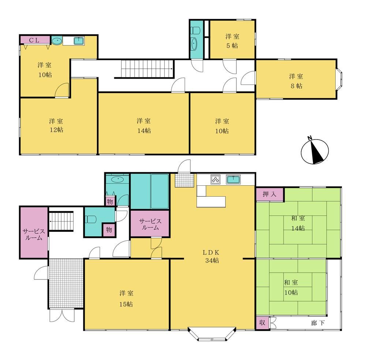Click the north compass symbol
coord(315,151)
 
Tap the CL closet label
coord(34,40)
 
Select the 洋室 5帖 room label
coord(232,41)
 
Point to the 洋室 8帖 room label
coord(296,81)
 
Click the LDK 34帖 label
coord(212,256)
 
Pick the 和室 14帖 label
coord(298,223)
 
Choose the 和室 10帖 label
coord(291,287)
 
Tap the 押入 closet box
coord(270,194)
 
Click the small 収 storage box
coord(262,323)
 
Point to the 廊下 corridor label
coord(318,323)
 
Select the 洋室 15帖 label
coord(126,298)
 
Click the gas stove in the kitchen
coord(215,179)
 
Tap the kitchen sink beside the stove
coord(234,179)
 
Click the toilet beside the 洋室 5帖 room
coord(195,30)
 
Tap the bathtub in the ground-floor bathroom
coord(160,191)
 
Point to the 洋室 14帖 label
coord(144,126)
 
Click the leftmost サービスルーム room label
coord(34,234)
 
